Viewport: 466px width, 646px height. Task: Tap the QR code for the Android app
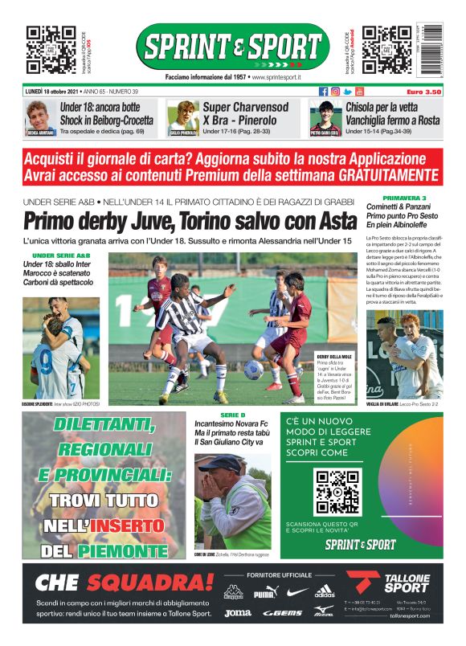[x=386, y=49]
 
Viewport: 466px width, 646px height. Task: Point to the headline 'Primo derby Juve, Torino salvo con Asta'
[x=190, y=220]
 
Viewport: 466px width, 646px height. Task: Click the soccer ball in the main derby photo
[x=253, y=370]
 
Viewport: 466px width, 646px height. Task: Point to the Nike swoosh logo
[x=296, y=592]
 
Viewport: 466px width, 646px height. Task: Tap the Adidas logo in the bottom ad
[x=325, y=592]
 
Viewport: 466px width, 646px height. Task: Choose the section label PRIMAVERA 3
[x=405, y=197]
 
